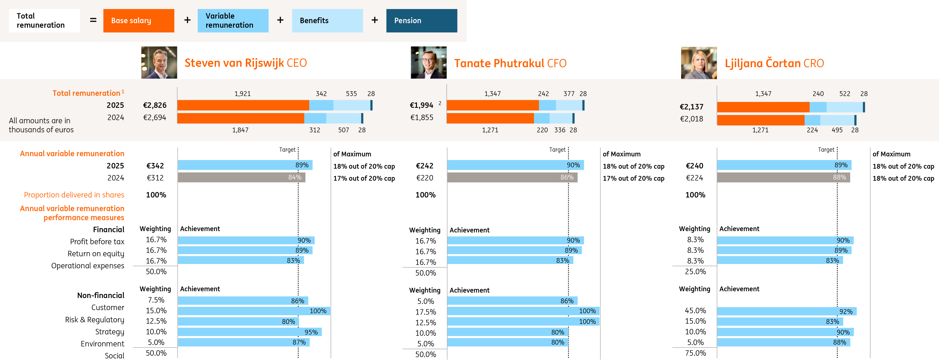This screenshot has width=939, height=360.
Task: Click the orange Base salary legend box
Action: click(138, 21)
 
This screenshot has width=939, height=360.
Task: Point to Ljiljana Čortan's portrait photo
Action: click(698, 63)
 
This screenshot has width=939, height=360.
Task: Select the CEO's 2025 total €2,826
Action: click(155, 105)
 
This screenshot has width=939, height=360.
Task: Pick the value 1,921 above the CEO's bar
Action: click(242, 94)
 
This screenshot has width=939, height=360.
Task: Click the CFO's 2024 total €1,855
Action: click(422, 118)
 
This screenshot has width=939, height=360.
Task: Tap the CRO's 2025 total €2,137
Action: click(692, 107)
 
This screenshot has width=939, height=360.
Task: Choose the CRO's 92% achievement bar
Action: click(786, 311)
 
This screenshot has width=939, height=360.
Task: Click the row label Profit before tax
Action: click(97, 242)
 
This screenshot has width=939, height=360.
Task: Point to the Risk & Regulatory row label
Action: click(94, 320)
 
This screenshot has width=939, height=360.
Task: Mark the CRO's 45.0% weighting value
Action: click(695, 311)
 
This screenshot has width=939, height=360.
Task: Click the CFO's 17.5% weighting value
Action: click(425, 312)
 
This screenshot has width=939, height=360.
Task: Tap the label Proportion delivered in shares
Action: click(74, 195)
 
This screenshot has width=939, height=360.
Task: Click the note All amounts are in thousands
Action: click(41, 125)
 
